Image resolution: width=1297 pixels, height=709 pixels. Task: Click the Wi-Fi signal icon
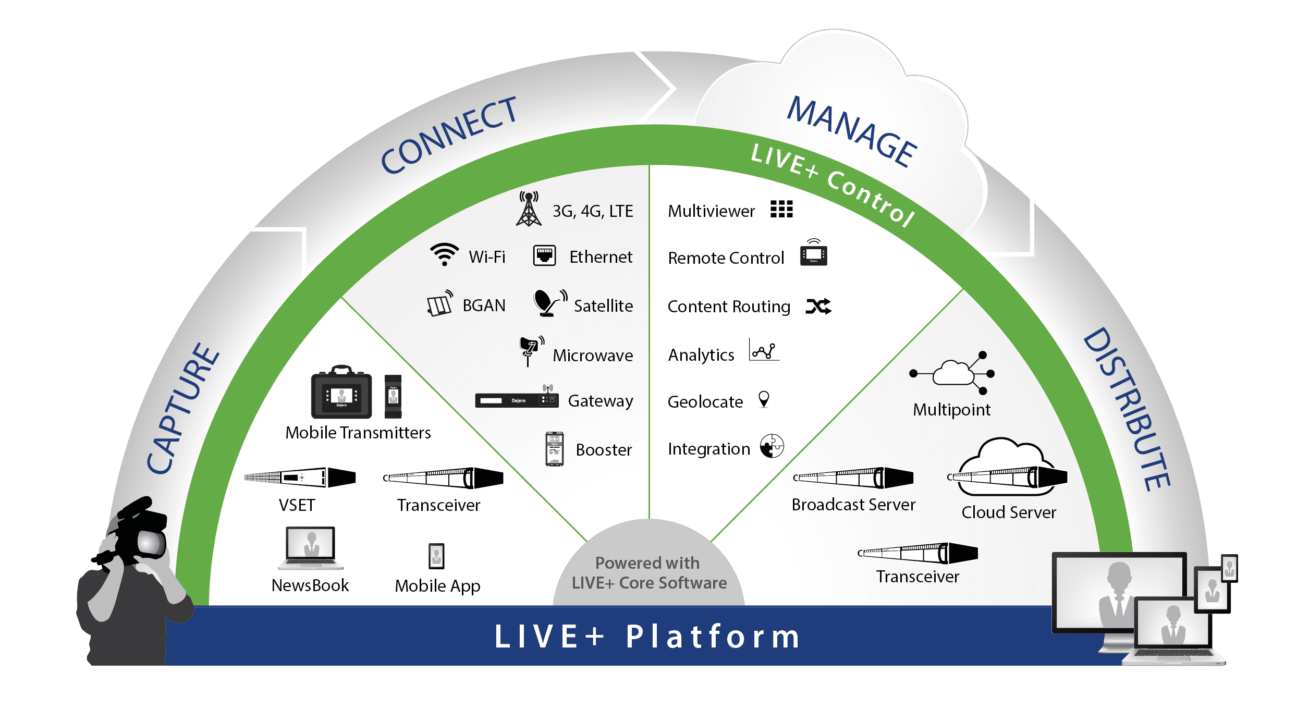444,254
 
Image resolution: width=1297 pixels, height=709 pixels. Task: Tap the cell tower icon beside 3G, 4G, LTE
529,210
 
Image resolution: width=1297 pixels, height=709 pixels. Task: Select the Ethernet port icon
544,255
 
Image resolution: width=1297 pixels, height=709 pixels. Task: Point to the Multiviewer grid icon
781,209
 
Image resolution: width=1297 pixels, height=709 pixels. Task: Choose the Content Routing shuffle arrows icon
818,307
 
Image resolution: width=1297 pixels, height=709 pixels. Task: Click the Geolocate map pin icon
764,399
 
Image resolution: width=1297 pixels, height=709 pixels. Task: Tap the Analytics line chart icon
764,350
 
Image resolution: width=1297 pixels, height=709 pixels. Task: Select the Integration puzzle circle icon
772,446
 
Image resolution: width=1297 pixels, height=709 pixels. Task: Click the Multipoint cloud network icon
953,373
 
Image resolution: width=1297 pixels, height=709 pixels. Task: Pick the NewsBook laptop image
311,548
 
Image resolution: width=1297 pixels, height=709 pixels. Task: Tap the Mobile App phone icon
436,556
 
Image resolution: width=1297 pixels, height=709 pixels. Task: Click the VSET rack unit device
300,477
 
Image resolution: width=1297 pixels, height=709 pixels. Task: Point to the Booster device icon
554,449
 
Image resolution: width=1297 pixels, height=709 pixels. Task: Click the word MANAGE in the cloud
852,131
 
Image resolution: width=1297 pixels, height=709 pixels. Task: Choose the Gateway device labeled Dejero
517,400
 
